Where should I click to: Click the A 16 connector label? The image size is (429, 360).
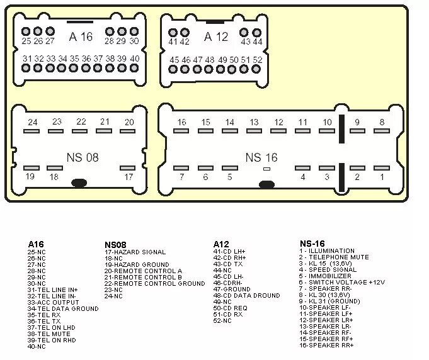[x=81, y=37]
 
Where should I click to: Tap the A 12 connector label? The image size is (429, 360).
[x=216, y=37]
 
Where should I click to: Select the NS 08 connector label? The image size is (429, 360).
[x=83, y=157]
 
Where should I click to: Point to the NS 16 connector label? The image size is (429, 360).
[x=261, y=157]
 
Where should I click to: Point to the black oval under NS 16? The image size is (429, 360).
[x=267, y=186]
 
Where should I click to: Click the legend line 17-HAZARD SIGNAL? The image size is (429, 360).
[x=135, y=251]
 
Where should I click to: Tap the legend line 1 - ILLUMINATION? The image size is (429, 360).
[x=327, y=250]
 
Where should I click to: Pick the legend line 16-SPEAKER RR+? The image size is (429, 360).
[x=326, y=345]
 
